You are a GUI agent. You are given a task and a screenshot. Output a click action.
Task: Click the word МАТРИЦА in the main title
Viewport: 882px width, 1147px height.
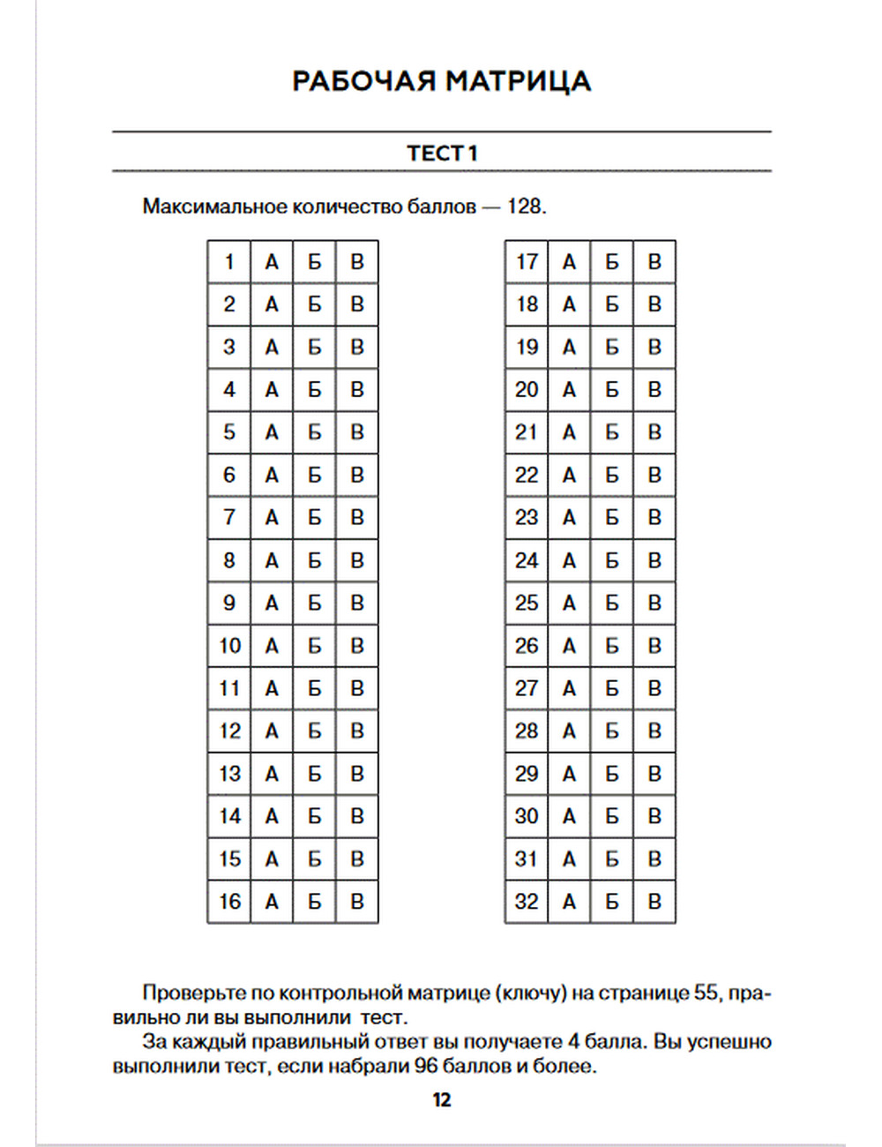point(518,81)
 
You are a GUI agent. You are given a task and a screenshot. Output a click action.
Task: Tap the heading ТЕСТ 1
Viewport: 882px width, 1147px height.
point(442,153)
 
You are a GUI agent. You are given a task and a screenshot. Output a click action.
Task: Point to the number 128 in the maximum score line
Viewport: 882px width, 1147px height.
point(525,206)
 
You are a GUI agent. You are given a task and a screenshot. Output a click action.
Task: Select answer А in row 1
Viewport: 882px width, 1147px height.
point(272,262)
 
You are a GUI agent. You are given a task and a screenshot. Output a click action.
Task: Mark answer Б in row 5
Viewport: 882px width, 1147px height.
point(314,432)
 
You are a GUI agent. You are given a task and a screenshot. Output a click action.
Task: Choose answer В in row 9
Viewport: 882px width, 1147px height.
point(357,603)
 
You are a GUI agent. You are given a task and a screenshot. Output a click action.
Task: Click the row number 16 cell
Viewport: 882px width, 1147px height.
point(229,902)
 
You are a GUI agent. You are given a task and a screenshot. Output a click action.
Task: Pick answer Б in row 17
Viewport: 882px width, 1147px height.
point(612,262)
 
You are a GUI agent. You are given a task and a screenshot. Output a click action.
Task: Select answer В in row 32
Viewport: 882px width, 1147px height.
point(654,902)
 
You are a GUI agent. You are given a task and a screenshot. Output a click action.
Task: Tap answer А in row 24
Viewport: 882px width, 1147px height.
point(569,560)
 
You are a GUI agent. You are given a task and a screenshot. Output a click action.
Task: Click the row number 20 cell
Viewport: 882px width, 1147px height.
point(527,390)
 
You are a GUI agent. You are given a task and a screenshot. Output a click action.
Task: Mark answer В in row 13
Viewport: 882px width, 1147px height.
point(357,774)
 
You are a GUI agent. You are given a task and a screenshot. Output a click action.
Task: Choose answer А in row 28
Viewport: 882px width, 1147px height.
point(569,731)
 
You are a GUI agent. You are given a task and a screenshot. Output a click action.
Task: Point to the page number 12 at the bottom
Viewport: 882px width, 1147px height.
point(442,1099)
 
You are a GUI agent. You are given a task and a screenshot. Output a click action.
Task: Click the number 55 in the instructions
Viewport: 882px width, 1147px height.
point(706,993)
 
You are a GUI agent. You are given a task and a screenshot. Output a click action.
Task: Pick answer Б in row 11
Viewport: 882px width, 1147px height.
point(314,688)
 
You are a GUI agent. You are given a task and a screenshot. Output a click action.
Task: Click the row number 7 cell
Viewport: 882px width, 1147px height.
point(229,518)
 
